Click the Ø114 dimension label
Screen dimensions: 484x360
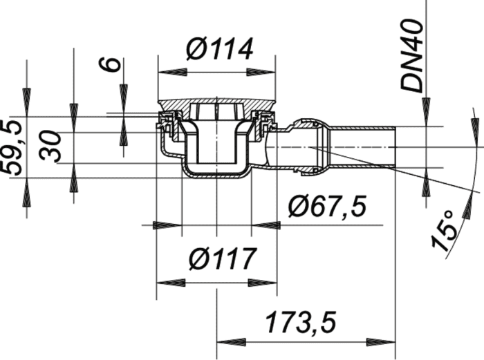(x=219, y=49)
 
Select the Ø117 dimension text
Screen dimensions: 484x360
(x=222, y=258)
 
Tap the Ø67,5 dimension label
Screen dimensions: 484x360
(x=327, y=206)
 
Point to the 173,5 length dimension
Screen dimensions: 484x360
(x=300, y=323)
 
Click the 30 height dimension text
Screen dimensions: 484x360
(x=50, y=147)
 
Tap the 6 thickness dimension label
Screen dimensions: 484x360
(x=109, y=64)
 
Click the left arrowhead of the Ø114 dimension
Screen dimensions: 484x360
(x=172, y=73)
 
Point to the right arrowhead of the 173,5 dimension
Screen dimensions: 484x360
(x=381, y=342)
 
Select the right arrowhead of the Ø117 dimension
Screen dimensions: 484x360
(x=263, y=283)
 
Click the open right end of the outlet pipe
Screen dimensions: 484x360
(x=395, y=147)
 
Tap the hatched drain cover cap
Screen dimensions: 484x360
(x=216, y=106)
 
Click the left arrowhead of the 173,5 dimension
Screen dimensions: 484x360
(x=232, y=342)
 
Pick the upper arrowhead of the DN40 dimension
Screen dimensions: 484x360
(x=426, y=112)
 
